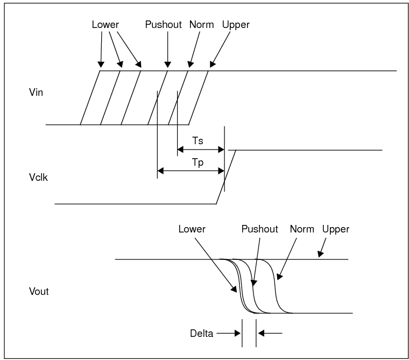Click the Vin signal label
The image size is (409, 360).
pyautogui.click(x=36, y=92)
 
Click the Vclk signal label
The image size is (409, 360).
pyautogui.click(x=38, y=177)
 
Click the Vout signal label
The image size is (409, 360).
pyautogui.click(x=38, y=292)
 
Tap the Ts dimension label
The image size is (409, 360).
pyautogui.click(x=198, y=140)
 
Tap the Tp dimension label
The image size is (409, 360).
pyautogui.click(x=198, y=162)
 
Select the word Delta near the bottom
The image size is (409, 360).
pyautogui.click(x=201, y=333)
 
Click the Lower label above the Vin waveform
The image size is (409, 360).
pyautogui.click(x=105, y=25)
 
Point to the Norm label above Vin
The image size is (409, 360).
pyautogui.click(x=201, y=25)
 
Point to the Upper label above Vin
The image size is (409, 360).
pyautogui.click(x=236, y=25)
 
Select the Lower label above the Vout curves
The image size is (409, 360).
pyautogui.click(x=192, y=229)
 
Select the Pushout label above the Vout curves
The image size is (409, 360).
pyautogui.click(x=259, y=229)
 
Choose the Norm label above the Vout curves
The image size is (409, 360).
pyautogui.click(x=301, y=229)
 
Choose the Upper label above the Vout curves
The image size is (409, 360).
pyautogui.click(x=336, y=229)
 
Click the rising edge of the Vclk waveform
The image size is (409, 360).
pyautogui.click(x=226, y=177)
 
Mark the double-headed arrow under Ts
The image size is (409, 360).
pyautogui.click(x=200, y=150)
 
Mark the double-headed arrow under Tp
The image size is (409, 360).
pyautogui.click(x=191, y=171)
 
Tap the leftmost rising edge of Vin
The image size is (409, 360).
pyautogui.click(x=90, y=97)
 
